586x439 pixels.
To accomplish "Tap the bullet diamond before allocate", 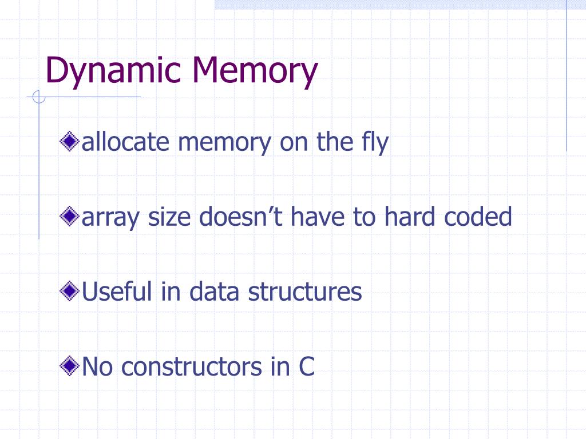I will [x=70, y=142].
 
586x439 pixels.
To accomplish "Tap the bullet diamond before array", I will [x=70, y=217].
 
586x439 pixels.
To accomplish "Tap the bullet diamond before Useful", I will [x=70, y=292].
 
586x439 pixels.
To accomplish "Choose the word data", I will [x=215, y=292].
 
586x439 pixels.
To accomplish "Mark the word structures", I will [x=304, y=292].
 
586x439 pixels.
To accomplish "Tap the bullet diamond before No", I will [x=70, y=366].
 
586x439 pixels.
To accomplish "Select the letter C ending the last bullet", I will [x=306, y=366].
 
